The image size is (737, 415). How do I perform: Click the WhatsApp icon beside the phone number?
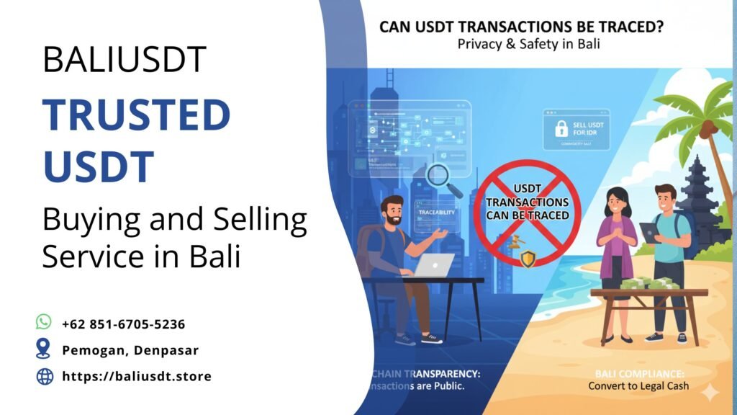point(45,323)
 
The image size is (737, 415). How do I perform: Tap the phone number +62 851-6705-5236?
point(124,323)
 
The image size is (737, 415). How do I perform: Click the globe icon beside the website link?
point(45,375)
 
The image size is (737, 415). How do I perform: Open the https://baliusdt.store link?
point(137,376)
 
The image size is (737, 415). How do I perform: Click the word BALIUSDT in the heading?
point(124,60)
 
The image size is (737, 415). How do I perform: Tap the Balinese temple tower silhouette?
point(697,195)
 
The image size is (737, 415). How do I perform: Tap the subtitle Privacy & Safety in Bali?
point(528,45)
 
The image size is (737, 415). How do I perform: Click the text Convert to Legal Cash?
point(638,386)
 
